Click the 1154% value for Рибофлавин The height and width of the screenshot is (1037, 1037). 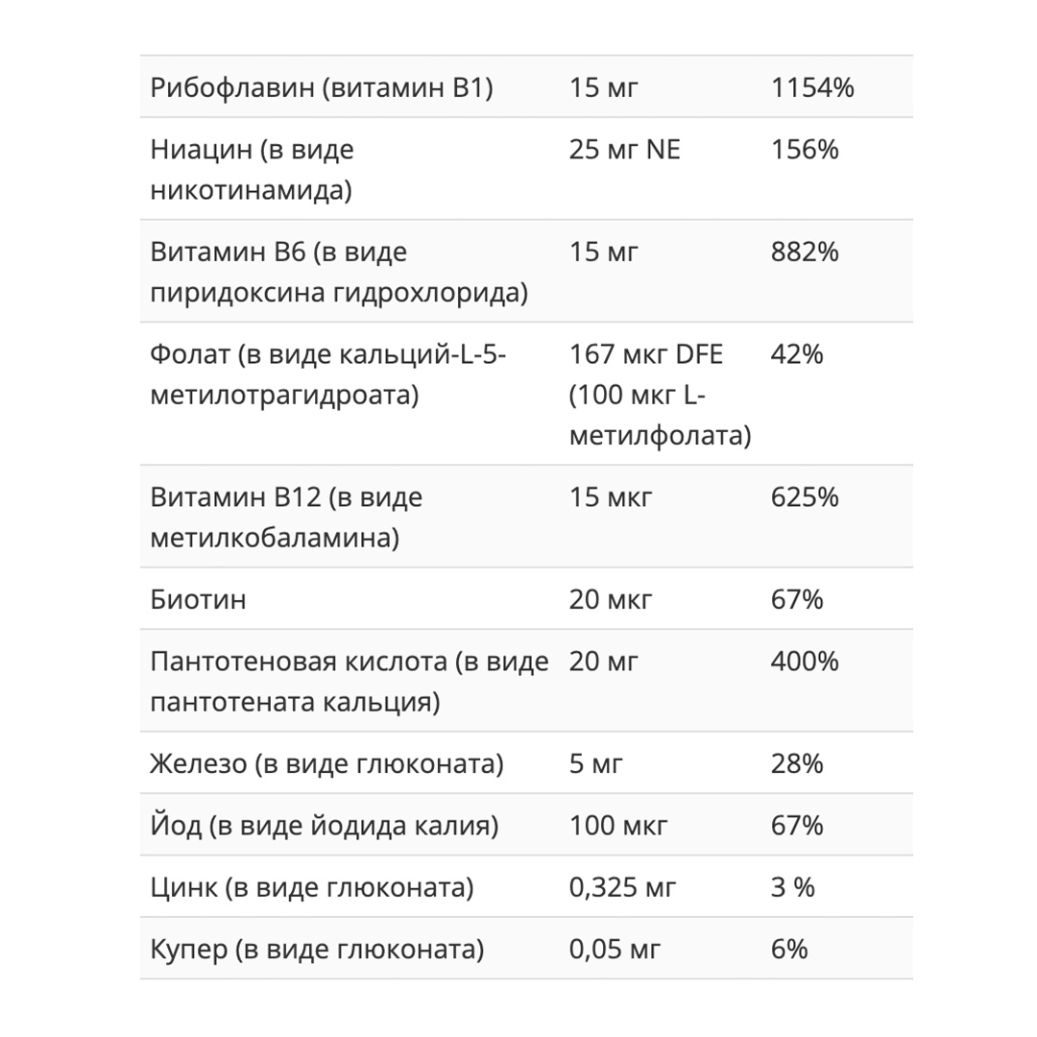tap(812, 88)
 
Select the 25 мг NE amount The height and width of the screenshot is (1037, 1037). tap(624, 150)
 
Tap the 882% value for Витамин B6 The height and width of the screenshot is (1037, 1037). tap(805, 252)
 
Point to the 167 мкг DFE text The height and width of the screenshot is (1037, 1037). tap(646, 354)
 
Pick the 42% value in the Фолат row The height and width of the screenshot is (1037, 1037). tap(797, 354)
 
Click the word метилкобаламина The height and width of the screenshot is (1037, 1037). tap(275, 538)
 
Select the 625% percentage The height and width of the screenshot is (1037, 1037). tap(805, 497)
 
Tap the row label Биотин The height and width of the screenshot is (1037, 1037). tap(199, 600)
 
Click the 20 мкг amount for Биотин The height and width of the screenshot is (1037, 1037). tap(611, 600)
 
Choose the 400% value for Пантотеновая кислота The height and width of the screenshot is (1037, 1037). tap(805, 662)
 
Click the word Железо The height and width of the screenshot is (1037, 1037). tap(199, 765)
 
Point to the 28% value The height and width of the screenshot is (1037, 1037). tap(797, 765)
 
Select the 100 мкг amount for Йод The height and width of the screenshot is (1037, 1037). tap(617, 826)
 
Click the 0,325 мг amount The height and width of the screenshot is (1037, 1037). tap(623, 888)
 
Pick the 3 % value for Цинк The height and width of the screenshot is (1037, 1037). tap(793, 888)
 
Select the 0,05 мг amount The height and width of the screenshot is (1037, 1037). tap(615, 951)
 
